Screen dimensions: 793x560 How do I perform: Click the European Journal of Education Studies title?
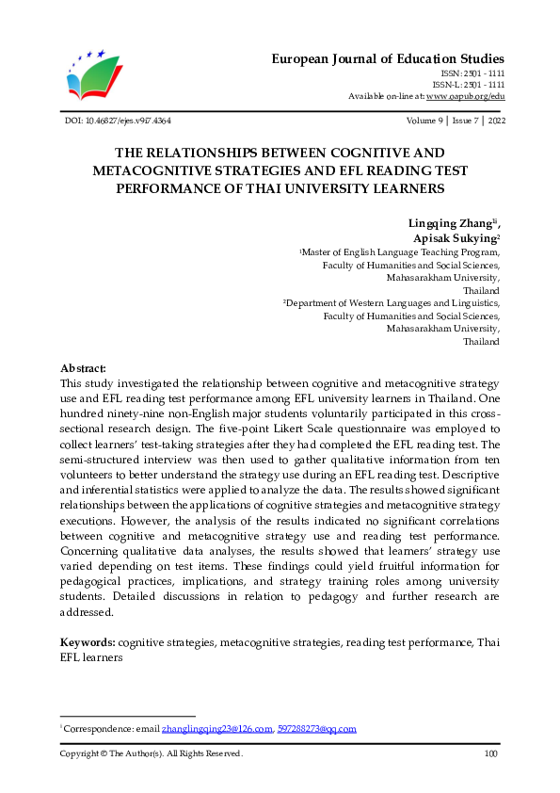coord(388,58)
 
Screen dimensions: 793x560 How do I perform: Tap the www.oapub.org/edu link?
coord(465,96)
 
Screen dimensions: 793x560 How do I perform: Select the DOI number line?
coord(116,121)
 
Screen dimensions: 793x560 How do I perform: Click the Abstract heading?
coord(83,368)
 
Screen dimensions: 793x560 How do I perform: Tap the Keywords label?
coord(88,641)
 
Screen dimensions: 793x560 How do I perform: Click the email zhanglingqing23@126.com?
coord(217,729)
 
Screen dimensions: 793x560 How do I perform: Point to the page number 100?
coord(490,753)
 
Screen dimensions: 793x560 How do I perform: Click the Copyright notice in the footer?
coord(152,753)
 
